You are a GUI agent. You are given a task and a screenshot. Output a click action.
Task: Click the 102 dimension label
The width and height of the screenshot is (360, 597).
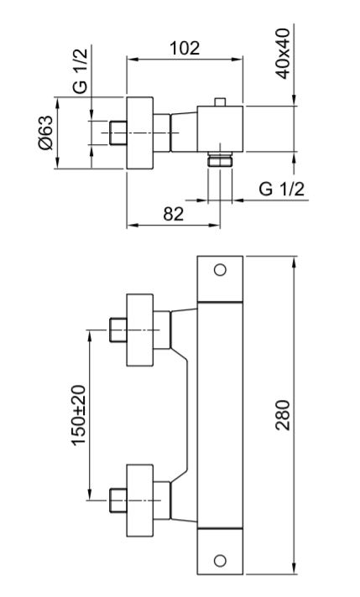click(x=185, y=48)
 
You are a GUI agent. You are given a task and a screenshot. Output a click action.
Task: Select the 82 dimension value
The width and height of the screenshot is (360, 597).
click(x=174, y=215)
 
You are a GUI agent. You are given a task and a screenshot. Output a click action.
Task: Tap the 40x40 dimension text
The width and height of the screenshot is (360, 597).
click(x=282, y=54)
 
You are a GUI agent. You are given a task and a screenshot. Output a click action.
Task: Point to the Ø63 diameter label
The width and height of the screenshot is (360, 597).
click(x=45, y=132)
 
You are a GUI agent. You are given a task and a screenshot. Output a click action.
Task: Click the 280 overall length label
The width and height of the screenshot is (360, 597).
click(x=282, y=415)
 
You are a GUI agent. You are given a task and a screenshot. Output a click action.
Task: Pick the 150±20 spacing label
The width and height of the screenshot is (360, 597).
click(x=79, y=415)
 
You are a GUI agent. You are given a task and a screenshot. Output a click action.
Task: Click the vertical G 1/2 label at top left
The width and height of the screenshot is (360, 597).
click(x=80, y=71)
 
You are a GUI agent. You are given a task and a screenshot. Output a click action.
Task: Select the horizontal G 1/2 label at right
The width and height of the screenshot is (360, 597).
click(x=281, y=189)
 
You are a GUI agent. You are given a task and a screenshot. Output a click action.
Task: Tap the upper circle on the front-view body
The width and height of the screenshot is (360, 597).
click(x=220, y=270)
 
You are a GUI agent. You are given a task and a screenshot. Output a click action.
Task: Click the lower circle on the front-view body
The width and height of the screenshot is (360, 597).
click(x=220, y=560)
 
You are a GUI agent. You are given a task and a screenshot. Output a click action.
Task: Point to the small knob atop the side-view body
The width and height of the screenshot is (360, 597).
click(x=220, y=102)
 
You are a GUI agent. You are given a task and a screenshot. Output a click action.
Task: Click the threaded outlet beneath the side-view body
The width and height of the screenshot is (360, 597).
click(x=220, y=159)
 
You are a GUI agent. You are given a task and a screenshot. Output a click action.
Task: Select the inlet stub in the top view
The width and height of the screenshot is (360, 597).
click(x=118, y=132)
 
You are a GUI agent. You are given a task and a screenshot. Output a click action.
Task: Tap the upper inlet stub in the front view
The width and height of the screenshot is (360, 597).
click(x=118, y=330)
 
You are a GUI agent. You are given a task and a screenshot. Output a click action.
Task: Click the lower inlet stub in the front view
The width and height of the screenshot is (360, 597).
click(x=118, y=500)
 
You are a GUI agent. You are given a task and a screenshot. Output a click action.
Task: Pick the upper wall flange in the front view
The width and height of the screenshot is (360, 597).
click(x=140, y=330)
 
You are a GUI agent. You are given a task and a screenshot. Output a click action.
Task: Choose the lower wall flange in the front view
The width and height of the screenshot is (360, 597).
click(x=140, y=500)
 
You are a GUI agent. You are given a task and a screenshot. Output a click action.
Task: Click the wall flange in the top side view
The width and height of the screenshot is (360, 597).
click(x=140, y=132)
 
